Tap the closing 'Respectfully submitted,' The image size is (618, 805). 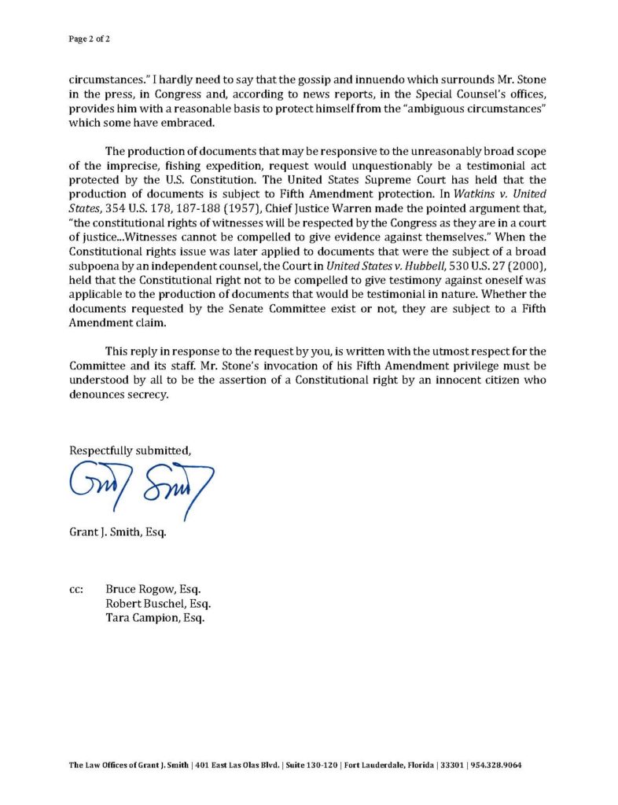131,450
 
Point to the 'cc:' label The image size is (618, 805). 77,590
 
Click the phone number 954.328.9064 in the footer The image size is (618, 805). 497,765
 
